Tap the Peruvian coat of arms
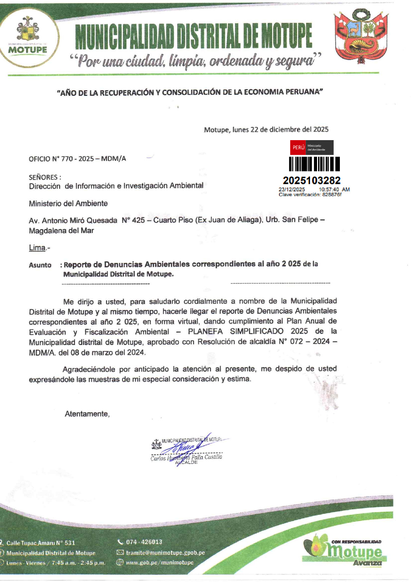click(x=361, y=36)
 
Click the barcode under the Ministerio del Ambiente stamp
click(x=314, y=164)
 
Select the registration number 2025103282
click(x=312, y=180)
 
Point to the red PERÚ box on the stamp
click(x=298, y=147)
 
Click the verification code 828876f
click(x=331, y=194)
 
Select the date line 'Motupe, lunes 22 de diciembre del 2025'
click(x=266, y=130)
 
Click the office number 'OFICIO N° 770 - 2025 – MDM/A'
click(x=77, y=159)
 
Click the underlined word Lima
click(x=37, y=248)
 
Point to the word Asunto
click(x=40, y=265)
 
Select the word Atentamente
click(x=87, y=414)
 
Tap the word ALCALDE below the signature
click(x=187, y=462)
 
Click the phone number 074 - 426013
click(x=144, y=542)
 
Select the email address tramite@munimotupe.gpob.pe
click(x=165, y=553)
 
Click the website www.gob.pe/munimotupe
click(x=160, y=563)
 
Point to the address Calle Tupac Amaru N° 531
click(x=41, y=543)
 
